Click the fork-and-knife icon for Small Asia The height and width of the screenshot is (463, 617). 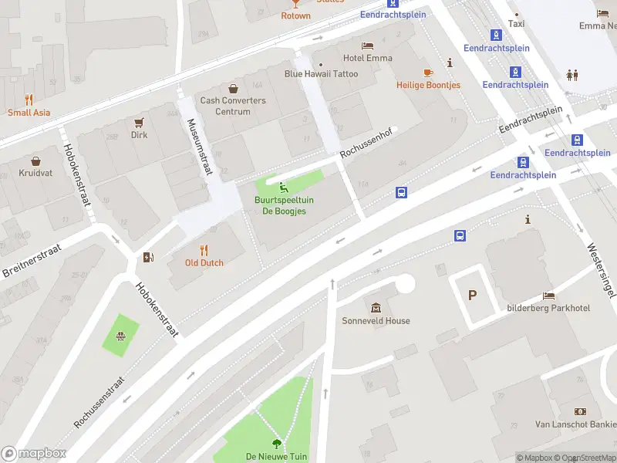[29, 99]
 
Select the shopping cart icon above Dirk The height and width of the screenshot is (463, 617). [139, 122]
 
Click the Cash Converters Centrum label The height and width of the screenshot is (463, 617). [233, 106]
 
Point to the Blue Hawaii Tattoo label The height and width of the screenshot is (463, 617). [322, 74]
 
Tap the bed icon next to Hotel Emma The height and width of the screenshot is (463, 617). [368, 45]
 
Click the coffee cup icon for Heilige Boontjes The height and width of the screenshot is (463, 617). [428, 73]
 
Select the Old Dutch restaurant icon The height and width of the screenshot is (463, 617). [204, 249]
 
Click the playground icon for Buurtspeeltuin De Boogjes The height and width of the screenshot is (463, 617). [284, 186]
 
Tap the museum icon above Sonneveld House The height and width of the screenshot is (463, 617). [376, 307]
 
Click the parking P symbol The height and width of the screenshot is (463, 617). [472, 295]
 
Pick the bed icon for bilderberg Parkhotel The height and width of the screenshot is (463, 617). [548, 296]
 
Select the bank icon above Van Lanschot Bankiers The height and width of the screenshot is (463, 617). [579, 411]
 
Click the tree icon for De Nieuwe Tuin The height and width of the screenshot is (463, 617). [277, 443]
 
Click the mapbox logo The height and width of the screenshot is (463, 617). [34, 453]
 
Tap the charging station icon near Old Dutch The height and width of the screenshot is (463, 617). [148, 257]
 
